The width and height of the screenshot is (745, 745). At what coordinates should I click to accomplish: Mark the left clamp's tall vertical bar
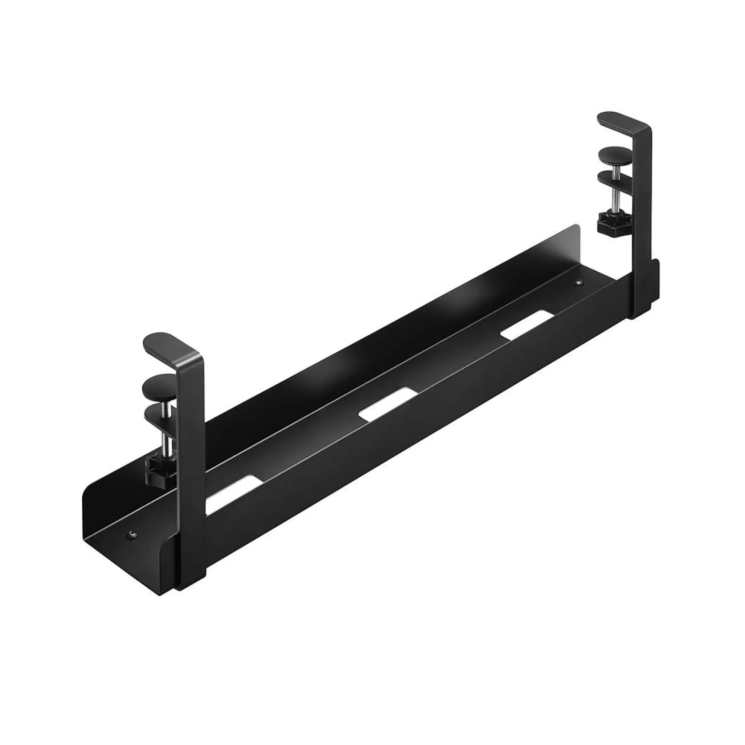click(x=192, y=460)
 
